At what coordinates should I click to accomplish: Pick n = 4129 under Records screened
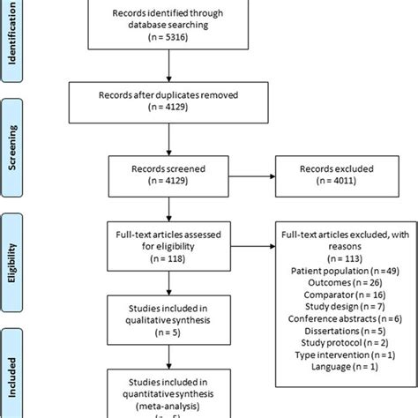167,182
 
